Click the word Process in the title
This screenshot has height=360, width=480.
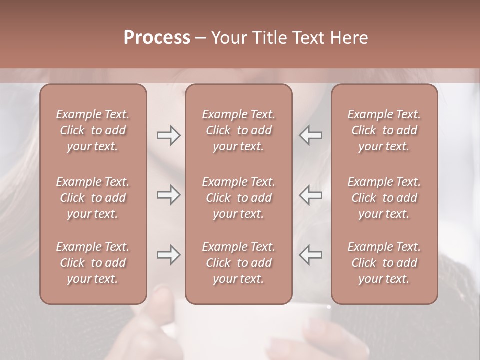(x=157, y=38)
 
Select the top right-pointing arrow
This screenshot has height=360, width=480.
(x=169, y=135)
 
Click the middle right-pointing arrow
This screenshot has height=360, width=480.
(x=169, y=195)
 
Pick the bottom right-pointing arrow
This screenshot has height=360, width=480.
(x=169, y=255)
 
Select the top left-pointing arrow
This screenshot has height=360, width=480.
(x=311, y=135)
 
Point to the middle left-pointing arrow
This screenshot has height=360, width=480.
(x=311, y=195)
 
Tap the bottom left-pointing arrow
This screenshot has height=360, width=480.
(x=311, y=255)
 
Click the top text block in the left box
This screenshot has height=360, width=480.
(x=93, y=130)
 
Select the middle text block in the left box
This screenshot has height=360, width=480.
(x=93, y=198)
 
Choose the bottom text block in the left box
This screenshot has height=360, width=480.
(x=93, y=263)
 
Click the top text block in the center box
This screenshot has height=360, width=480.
(x=239, y=130)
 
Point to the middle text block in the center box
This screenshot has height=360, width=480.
(x=239, y=198)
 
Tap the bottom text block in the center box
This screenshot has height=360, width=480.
(x=239, y=263)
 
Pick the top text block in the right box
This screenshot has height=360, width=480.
(x=384, y=130)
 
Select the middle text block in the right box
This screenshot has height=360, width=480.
(x=384, y=198)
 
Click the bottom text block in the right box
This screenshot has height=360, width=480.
(x=384, y=263)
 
